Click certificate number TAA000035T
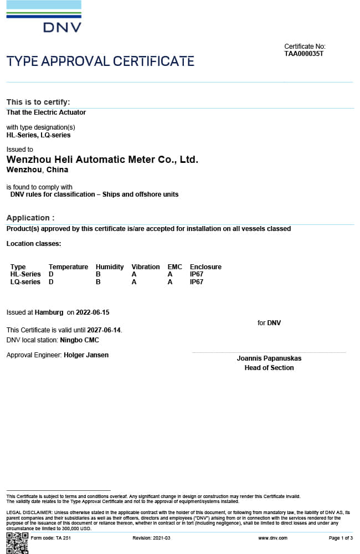coord(304,54)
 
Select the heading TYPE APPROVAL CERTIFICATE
coord(100,61)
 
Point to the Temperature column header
coord(68,267)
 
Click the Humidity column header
coord(110,267)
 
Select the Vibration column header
coord(146,267)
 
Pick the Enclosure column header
coord(205,267)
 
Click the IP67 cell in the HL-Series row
coord(197,274)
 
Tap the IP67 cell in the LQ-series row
coord(197,282)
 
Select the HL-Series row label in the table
coord(25,274)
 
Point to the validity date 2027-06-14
coord(104,330)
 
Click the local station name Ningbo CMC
coord(79,340)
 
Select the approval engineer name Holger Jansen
coord(86,355)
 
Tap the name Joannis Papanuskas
coord(269,358)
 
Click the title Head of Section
coord(269,368)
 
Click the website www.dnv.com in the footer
coord(272,538)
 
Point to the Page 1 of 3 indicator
coord(341,538)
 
